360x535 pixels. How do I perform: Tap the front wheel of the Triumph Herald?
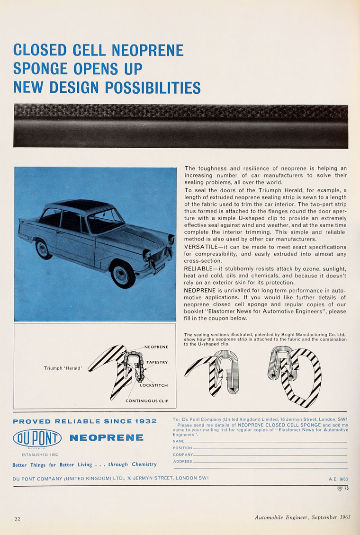click(123, 275)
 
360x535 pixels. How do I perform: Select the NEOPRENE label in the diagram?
click(156, 347)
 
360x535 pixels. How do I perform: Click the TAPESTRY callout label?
click(157, 362)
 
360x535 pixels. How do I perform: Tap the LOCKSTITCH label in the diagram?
click(153, 385)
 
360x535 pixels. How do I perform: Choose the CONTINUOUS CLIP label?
click(147, 401)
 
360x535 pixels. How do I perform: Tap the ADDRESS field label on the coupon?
click(182, 461)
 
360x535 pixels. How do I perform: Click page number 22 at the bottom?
click(17, 519)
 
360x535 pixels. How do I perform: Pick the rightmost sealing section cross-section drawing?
click(294, 375)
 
